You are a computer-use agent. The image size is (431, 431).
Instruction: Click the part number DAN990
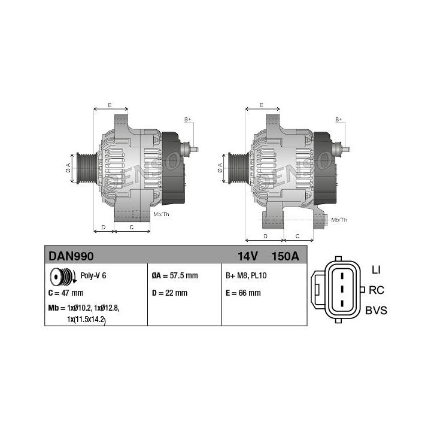tap(71, 256)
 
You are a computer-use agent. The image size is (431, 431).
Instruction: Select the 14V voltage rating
tap(247, 256)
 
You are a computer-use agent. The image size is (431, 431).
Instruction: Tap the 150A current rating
tap(285, 256)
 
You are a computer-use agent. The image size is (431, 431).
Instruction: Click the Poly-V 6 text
tap(93, 275)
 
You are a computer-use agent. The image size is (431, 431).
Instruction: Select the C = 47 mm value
tap(66, 293)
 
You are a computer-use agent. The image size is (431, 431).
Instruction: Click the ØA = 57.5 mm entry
tap(175, 275)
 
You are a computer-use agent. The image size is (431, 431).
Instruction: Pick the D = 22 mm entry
tap(169, 293)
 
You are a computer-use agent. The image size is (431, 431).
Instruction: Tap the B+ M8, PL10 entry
tap(246, 275)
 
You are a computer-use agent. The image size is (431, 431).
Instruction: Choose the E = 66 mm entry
tap(243, 293)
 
